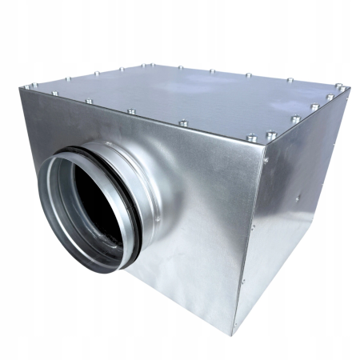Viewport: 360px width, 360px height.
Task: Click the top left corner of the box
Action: point(21,88)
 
